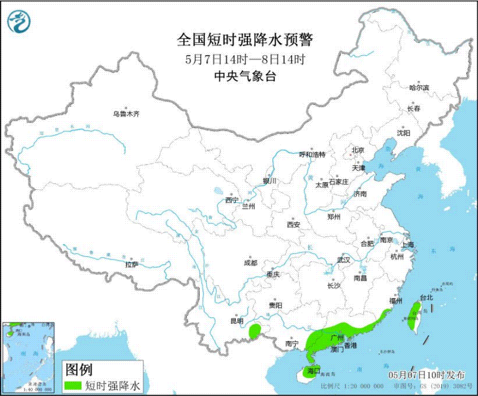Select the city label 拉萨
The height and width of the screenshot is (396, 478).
132,264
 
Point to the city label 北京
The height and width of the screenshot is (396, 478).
357,150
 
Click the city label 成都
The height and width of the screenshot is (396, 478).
250,263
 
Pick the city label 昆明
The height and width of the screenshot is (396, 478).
236,321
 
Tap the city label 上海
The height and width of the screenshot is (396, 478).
408,245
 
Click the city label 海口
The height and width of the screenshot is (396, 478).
314,370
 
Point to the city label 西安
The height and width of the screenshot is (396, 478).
294,224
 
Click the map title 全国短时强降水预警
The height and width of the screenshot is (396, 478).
245,40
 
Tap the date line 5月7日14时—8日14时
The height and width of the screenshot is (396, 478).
245,59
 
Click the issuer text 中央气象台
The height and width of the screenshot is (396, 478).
245,77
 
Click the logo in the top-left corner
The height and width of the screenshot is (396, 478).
19,21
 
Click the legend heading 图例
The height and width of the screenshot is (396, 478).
78,369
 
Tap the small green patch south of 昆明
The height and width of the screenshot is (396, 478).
255,331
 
